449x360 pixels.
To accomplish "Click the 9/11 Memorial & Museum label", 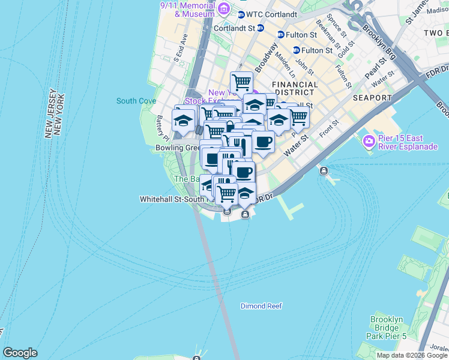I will [x=187, y=9].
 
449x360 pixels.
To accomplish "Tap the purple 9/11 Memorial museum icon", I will [x=223, y=8].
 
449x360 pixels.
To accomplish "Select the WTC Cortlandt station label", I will [x=272, y=14].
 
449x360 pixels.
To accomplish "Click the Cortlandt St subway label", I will [x=234, y=28].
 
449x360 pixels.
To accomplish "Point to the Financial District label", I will [x=294, y=89].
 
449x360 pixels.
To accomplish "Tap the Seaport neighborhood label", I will [x=372, y=97].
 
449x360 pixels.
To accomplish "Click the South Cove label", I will [x=136, y=101].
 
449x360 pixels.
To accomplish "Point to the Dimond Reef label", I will [x=261, y=306].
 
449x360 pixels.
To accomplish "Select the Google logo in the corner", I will [x=20, y=353].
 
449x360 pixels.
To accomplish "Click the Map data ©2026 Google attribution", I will [x=412, y=355].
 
